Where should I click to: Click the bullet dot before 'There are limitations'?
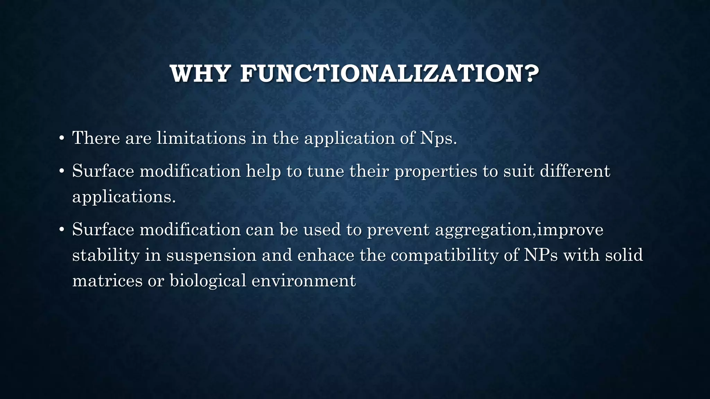point(61,139)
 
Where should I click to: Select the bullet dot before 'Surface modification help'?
point(61,171)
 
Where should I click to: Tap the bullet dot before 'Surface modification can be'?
point(61,230)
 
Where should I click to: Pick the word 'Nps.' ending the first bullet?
point(439,139)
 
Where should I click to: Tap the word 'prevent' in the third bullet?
point(398,230)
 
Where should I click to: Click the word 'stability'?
point(106,256)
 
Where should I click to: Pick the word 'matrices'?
point(107,280)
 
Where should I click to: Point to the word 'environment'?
point(303,280)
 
